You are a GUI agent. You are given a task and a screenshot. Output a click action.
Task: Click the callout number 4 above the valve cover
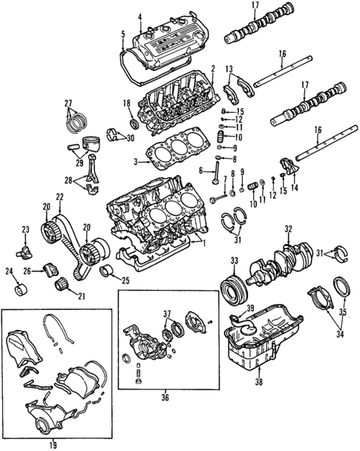(x=139, y=16)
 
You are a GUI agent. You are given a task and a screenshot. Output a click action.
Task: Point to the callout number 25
(x=125, y=280)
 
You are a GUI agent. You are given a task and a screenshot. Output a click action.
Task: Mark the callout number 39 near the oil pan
(x=250, y=309)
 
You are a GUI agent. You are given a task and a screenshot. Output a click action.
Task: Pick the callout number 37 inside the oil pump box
(x=168, y=312)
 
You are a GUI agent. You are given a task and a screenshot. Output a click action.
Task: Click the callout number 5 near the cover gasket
(x=122, y=33)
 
